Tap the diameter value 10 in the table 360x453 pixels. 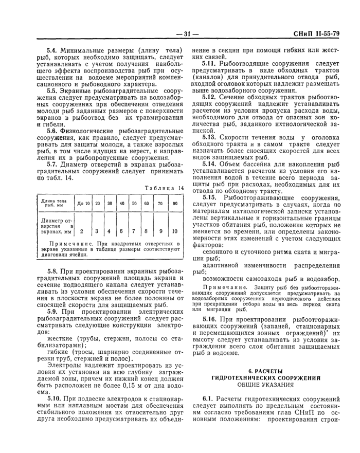174,231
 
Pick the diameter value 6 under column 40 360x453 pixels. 121,231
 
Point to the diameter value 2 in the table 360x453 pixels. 82,231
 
